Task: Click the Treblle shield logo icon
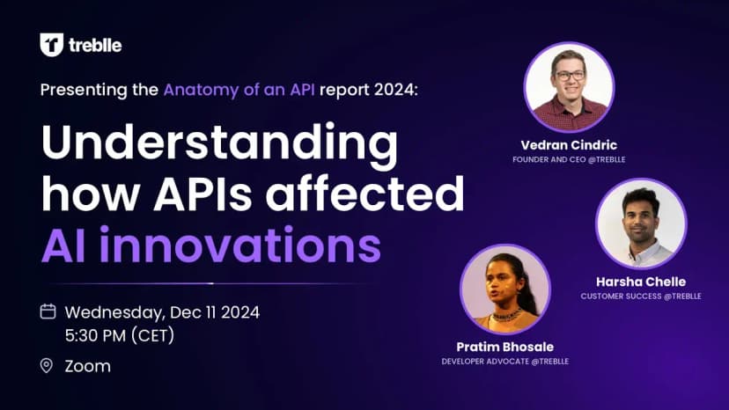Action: coord(51,45)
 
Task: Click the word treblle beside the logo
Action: coord(95,45)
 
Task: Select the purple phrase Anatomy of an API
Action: coord(239,89)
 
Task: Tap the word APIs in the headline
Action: coord(202,193)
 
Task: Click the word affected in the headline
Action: coord(364,192)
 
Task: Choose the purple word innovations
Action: coord(239,245)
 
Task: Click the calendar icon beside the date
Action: coord(48,311)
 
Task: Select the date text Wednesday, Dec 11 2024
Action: coord(162,312)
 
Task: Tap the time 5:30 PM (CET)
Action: coord(120,335)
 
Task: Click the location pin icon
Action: coord(47,366)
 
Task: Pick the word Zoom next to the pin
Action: coord(88,366)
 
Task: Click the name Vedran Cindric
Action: coord(569,145)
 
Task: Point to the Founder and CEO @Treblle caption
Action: coord(569,159)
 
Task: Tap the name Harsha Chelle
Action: coord(641,282)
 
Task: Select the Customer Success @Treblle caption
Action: coord(641,297)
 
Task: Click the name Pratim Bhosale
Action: coord(504,347)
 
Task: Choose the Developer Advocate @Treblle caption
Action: coord(504,362)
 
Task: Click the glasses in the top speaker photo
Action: coord(570,76)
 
